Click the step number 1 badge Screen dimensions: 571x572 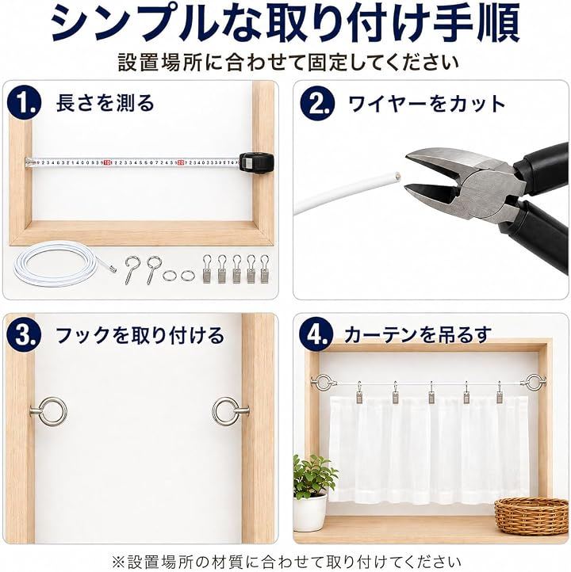[25, 103]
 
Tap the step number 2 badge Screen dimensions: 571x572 [317, 103]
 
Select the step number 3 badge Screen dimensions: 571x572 [25, 335]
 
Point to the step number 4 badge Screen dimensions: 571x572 [316, 335]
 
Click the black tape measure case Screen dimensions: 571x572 [256, 162]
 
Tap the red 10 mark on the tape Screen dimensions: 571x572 [106, 162]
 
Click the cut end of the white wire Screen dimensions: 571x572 [397, 177]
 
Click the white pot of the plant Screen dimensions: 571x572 [310, 512]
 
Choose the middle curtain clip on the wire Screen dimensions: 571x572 [431, 393]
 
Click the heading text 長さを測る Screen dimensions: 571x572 [105, 103]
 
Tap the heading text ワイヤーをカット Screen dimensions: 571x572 [427, 104]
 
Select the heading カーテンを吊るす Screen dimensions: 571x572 [417, 335]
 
